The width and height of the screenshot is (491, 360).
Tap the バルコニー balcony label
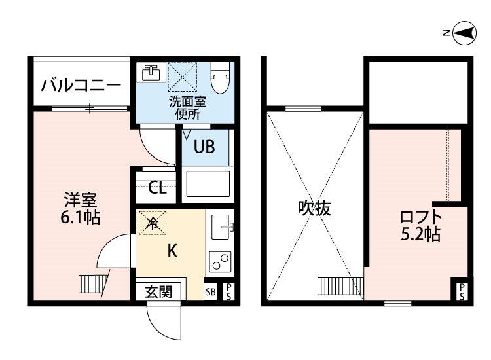pyautogui.click(x=81, y=85)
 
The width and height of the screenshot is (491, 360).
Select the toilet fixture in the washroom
pyautogui.click(x=220, y=77)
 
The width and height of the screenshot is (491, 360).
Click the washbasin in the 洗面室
pyautogui.click(x=151, y=73)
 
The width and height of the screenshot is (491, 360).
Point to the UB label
pyautogui.click(x=204, y=146)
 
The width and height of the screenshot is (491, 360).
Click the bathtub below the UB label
pyautogui.click(x=208, y=185)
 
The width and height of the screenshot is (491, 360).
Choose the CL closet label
pyautogui.click(x=157, y=188)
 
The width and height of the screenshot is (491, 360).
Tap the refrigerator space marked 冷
pyautogui.click(x=153, y=223)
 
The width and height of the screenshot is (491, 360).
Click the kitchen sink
pyautogui.click(x=220, y=227)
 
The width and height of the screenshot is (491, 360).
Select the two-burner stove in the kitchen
pyautogui.click(x=220, y=262)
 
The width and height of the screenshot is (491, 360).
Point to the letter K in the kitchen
pyautogui.click(x=173, y=251)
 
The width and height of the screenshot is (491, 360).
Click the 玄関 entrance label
pyautogui.click(x=158, y=292)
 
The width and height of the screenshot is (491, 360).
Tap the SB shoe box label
pyautogui.click(x=211, y=292)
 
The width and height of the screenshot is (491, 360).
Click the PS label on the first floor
pyautogui.click(x=229, y=291)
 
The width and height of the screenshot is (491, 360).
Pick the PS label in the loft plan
pyautogui.click(x=462, y=291)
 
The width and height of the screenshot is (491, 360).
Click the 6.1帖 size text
pyautogui.click(x=81, y=217)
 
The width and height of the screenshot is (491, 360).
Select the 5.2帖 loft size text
pyautogui.click(x=421, y=233)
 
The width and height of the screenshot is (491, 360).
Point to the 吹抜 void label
pyautogui.click(x=314, y=208)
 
